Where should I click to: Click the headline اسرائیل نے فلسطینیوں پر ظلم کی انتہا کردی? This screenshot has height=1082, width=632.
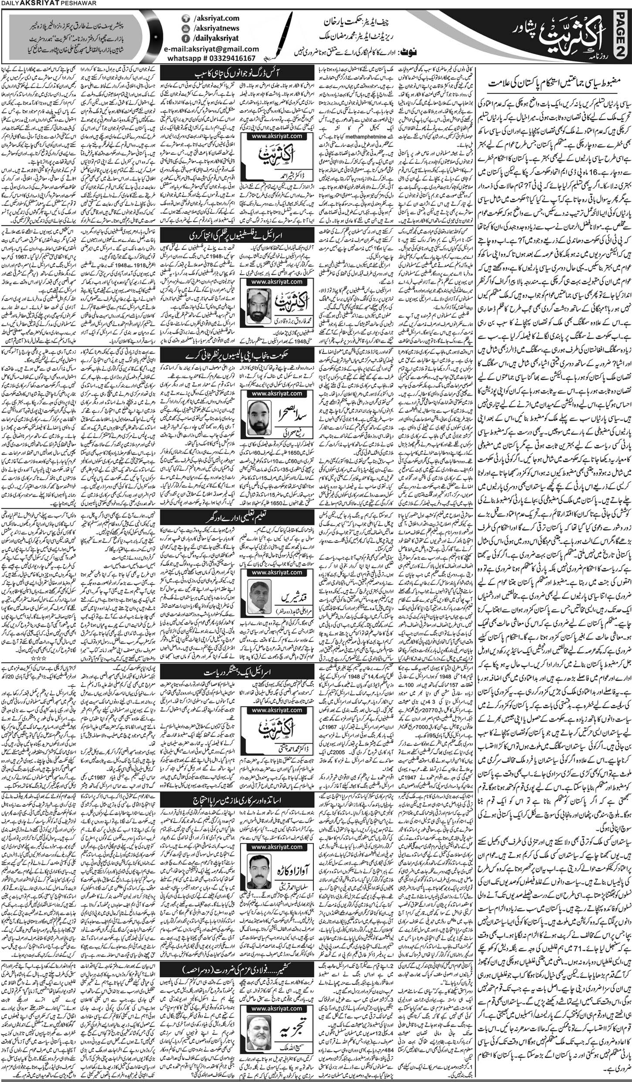(x=237, y=236)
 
